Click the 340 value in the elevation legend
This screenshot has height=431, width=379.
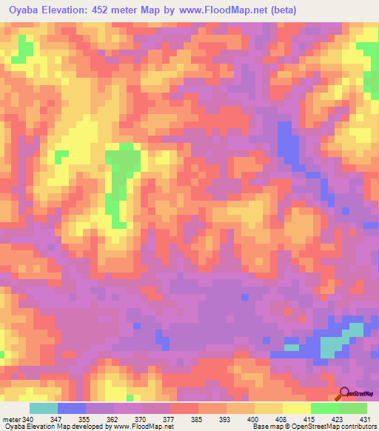coord(24,420)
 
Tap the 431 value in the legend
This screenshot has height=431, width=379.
coord(365,420)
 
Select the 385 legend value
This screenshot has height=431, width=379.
coord(195,420)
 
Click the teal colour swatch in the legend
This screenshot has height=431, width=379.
coord(44,408)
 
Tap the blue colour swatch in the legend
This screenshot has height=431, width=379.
coord(72,408)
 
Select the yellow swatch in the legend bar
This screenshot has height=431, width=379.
coord(297,408)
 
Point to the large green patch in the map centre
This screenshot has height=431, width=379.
coord(121,170)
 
